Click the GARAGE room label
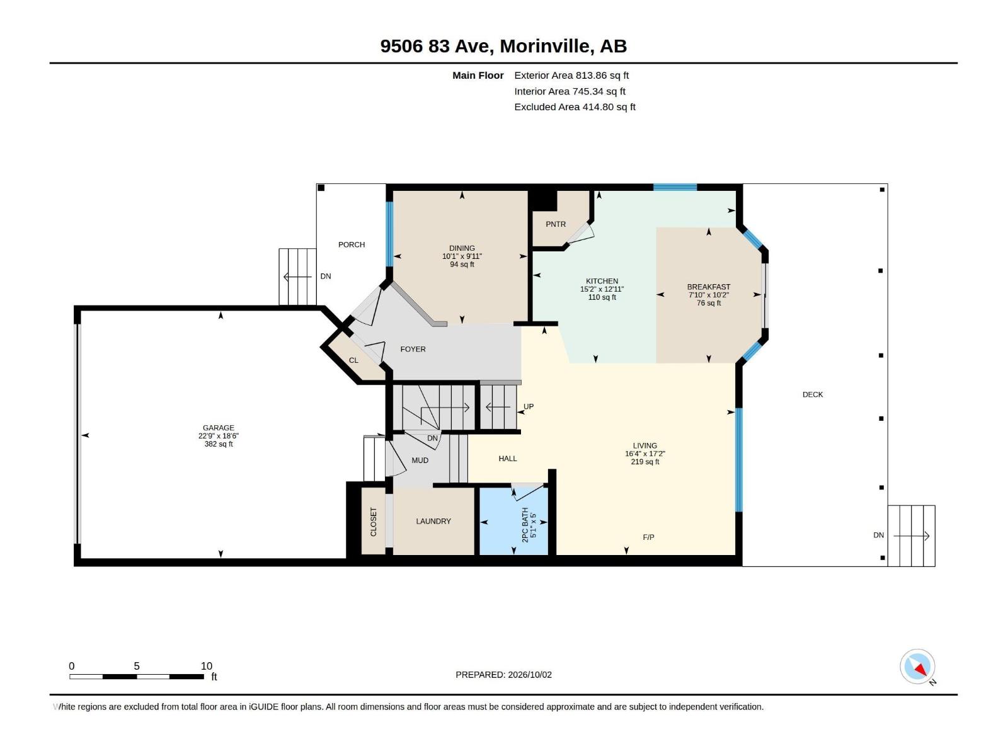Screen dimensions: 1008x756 [219, 428]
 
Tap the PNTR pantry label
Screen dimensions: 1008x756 [556, 224]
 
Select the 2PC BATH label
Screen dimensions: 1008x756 [525, 525]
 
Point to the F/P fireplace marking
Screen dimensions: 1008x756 [648, 537]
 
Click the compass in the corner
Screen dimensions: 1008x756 [917, 667]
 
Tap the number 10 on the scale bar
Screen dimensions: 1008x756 [207, 666]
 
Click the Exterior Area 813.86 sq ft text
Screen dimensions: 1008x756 [571, 75]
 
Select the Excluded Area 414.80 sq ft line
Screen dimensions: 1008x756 [575, 107]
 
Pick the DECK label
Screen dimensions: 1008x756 [812, 394]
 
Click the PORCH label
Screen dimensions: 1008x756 [352, 244]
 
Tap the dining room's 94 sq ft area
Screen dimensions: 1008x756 [462, 265]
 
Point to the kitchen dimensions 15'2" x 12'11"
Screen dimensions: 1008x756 [602, 289]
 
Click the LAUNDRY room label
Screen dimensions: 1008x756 [433, 521]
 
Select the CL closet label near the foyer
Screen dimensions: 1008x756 [353, 360]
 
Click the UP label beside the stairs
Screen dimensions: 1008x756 [529, 406]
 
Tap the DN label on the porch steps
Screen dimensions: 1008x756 [326, 277]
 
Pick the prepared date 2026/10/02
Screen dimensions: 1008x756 [530, 675]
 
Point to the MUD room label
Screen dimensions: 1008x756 [420, 461]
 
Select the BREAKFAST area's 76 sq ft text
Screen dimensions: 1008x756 [709, 303]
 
